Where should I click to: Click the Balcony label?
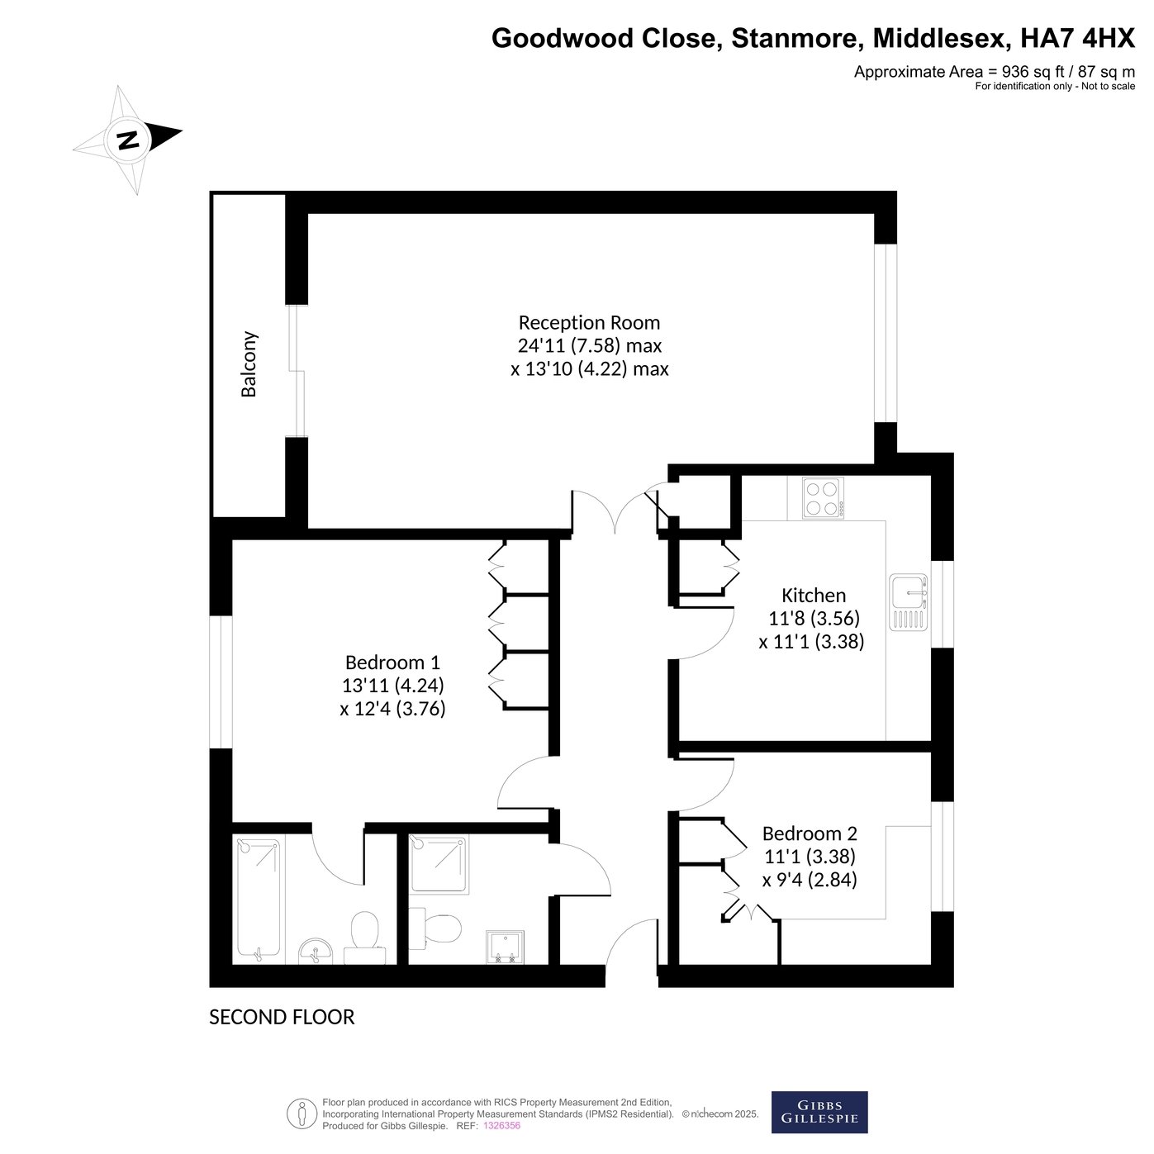249,363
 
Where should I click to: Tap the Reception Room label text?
589,323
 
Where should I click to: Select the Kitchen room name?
813,596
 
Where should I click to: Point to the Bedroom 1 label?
392,662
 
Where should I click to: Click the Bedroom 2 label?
810,833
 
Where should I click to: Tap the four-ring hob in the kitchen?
823,498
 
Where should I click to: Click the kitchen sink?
909,602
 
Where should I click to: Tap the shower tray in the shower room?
439,864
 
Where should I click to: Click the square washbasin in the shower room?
505,947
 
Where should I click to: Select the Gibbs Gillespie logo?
819,1112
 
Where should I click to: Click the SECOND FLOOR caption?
282,1017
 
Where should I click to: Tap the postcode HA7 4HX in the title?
1077,38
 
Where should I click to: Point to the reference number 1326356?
501,1125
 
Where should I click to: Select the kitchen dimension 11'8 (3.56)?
813,618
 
